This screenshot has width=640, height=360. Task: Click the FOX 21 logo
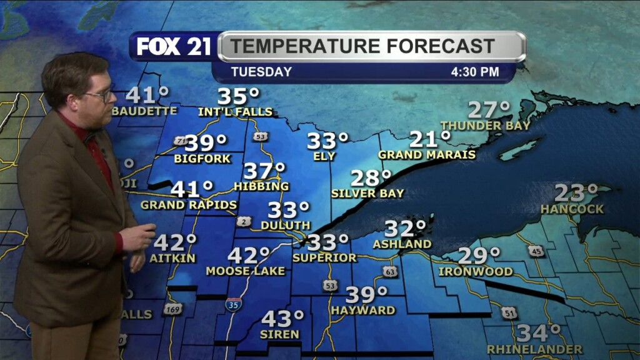coord(174,46)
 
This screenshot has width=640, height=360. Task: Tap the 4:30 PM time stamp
coord(475,72)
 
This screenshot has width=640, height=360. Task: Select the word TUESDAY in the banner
coord(261,72)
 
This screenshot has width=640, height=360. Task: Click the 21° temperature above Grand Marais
coord(430,139)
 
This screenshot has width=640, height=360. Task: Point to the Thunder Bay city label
coord(486,126)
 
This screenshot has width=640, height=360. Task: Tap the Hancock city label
coord(572,209)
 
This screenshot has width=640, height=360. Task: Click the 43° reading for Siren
coord(282,319)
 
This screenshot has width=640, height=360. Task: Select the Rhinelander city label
coord(534,349)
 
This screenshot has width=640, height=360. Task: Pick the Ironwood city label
coord(476,272)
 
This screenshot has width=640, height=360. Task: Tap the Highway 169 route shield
coord(173,308)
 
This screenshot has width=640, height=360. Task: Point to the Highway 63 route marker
coord(390,271)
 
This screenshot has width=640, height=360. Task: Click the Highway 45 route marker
coord(536,251)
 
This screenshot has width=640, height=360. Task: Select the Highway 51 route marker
coord(509,312)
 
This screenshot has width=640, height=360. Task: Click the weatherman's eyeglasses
coord(101,94)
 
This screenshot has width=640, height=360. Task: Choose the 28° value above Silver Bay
coord(371,178)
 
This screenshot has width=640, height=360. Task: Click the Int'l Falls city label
coord(236,112)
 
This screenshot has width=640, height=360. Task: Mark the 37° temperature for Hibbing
coord(264,171)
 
